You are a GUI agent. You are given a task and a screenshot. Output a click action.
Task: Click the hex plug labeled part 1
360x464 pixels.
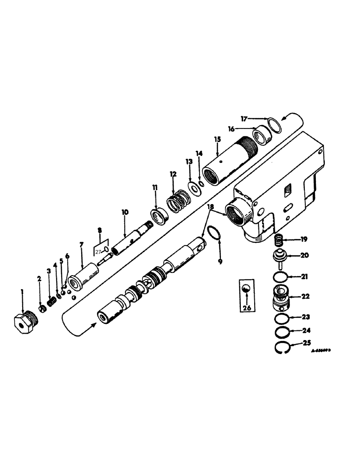(x=24, y=322)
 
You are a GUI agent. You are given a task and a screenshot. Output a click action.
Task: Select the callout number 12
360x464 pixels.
(x=173, y=174)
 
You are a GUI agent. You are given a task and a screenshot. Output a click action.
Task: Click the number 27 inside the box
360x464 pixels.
(x=98, y=251)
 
